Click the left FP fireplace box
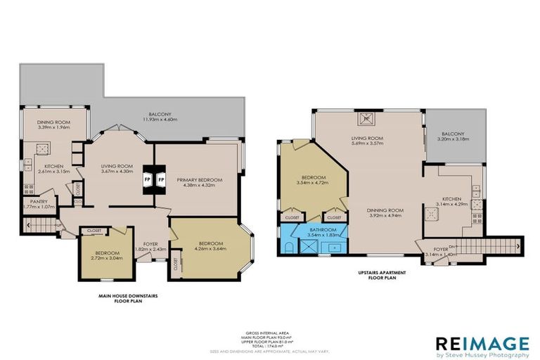pos(148,179)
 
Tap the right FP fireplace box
pos(160,179)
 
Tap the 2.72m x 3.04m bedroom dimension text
pos(103,257)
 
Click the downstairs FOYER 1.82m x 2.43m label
pos(150,246)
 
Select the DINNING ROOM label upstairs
pos(385,212)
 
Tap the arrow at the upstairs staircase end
pos(518,245)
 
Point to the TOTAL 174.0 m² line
pos(270,346)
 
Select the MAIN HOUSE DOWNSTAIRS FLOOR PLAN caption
pos(129,300)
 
